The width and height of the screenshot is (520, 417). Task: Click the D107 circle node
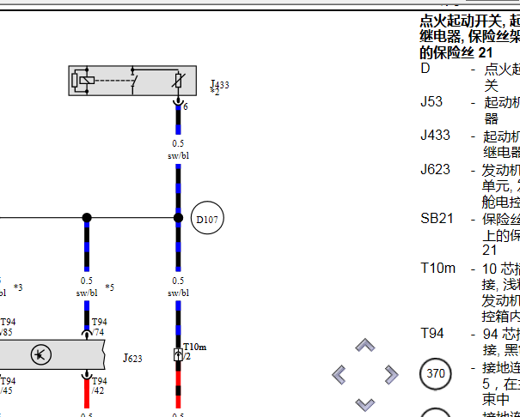pyautogui.click(x=206, y=219)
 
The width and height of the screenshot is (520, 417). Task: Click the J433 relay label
pyautogui.click(x=219, y=85)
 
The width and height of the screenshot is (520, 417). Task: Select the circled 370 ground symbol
pyautogui.click(x=436, y=374)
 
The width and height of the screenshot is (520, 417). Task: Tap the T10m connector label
pyautogui.click(x=194, y=347)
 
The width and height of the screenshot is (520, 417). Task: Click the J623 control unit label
pyautogui.click(x=132, y=357)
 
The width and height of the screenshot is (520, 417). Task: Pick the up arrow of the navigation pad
pyautogui.click(x=365, y=346)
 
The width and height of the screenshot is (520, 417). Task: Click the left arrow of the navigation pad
pyautogui.click(x=340, y=374)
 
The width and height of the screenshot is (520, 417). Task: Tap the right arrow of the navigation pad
pyautogui.click(x=391, y=374)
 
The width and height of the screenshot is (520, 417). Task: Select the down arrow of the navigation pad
pyautogui.click(x=365, y=402)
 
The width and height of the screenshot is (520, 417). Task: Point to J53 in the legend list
pyautogui.click(x=431, y=102)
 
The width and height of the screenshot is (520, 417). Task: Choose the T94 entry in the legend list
pyautogui.click(x=432, y=334)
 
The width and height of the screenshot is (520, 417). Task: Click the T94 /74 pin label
pyautogui.click(x=99, y=327)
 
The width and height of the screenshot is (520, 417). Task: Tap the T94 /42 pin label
pyautogui.click(x=99, y=385)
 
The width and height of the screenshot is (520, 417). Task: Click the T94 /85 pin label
pyautogui.click(x=8, y=327)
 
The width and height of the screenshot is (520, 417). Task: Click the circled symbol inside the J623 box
pyautogui.click(x=40, y=354)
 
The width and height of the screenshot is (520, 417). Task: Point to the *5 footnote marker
pyautogui.click(x=109, y=287)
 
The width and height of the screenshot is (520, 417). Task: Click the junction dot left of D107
pyautogui.click(x=86, y=218)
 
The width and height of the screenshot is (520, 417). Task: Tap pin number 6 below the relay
pyautogui.click(x=186, y=106)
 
